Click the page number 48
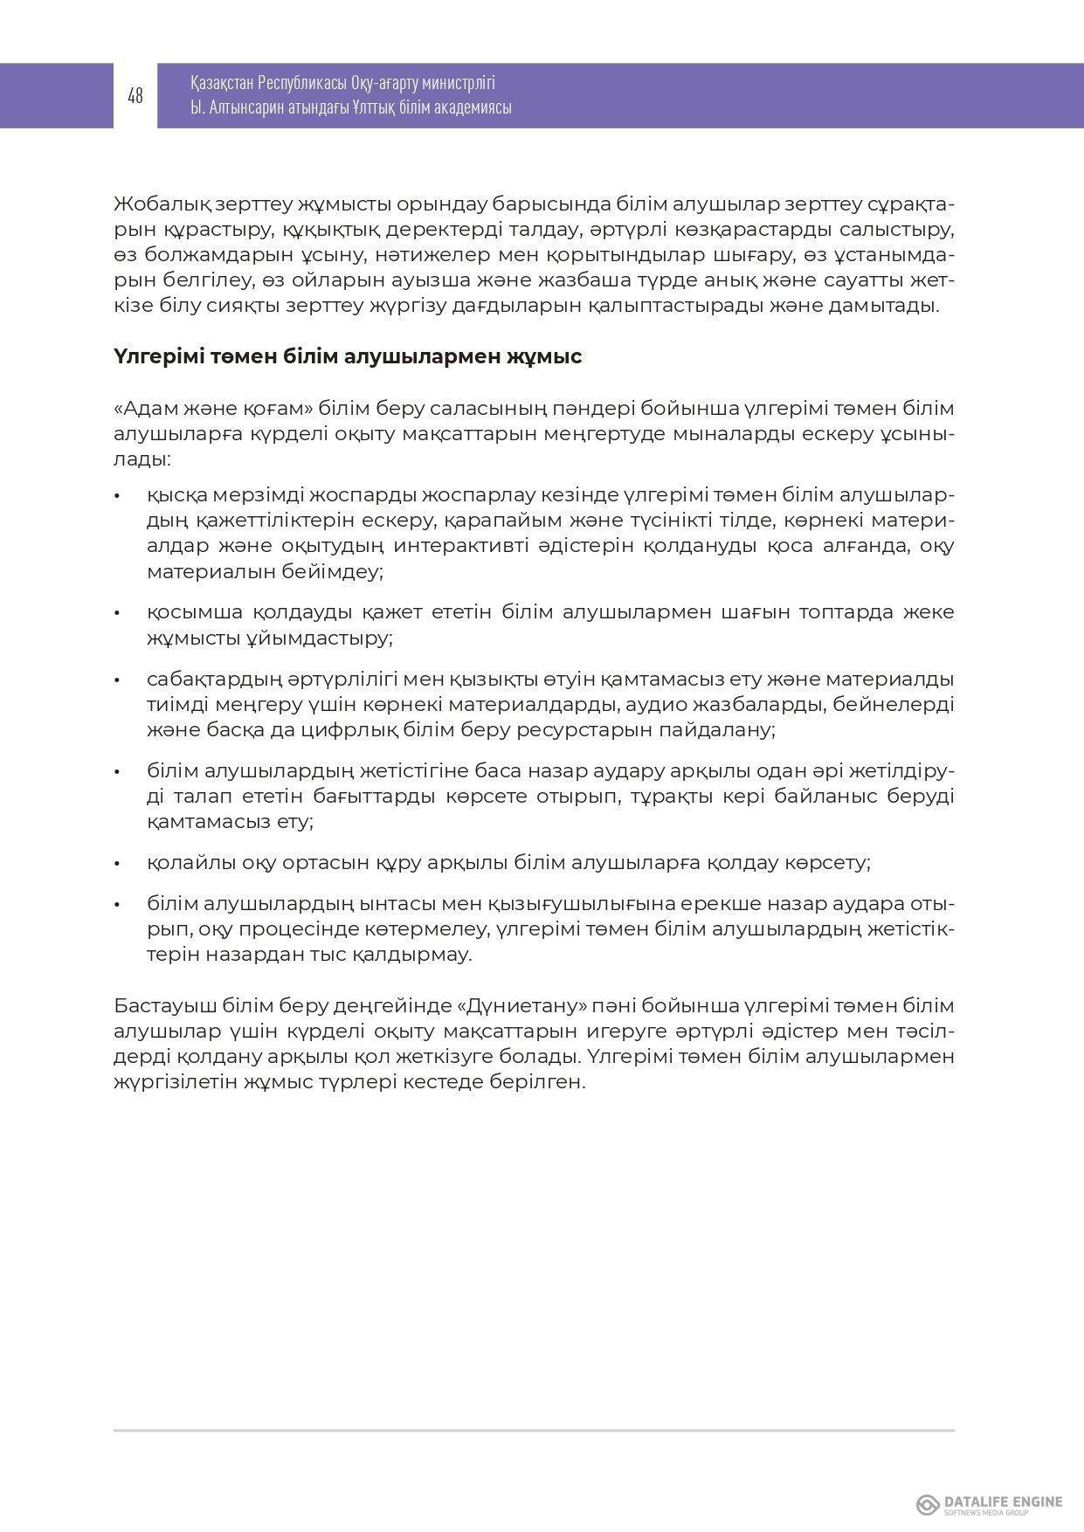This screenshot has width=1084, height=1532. click(135, 96)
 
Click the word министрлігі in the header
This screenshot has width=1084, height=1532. click(457, 84)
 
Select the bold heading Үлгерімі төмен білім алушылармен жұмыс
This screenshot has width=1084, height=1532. click(348, 357)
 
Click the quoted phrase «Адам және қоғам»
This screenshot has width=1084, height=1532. click(214, 409)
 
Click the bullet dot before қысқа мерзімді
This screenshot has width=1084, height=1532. click(116, 496)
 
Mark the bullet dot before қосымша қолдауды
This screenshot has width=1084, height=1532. click(116, 612)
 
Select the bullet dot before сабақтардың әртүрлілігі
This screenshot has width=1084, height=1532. click(116, 680)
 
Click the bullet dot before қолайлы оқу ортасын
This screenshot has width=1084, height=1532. click(116, 864)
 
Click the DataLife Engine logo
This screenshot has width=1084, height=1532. click(989, 1504)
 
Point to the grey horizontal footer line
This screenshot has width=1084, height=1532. click(534, 1431)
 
